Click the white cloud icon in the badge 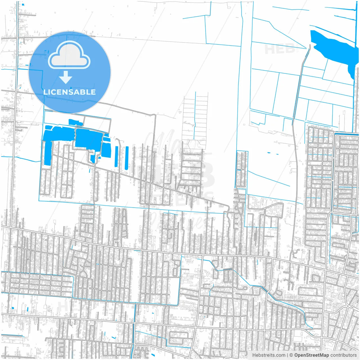point(69,55)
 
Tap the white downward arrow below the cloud point(66,77)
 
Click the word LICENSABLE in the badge point(69,92)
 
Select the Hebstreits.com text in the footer point(269,355)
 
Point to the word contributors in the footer point(343,355)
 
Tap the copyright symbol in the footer point(291,355)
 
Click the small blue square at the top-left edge point(23,4)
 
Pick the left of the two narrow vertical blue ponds point(116,156)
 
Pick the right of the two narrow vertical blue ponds point(127,158)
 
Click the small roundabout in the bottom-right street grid point(348,306)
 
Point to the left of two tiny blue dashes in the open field point(269,153)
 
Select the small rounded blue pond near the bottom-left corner point(13,308)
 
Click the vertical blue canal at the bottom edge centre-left point(132,349)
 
